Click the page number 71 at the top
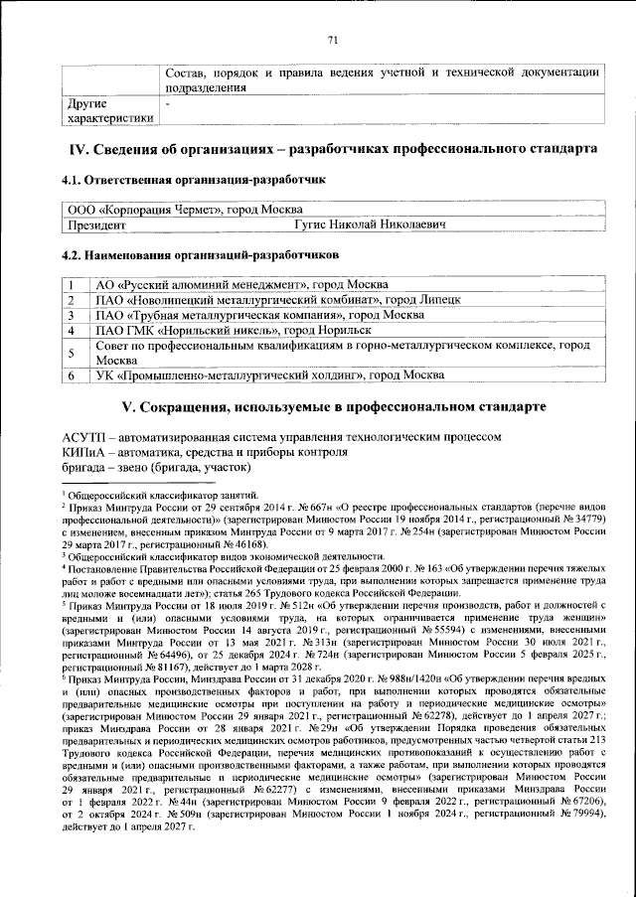coord(333,40)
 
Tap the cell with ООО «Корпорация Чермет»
coord(169,211)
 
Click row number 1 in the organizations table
coord(72,284)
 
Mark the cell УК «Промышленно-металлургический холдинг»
coord(264,375)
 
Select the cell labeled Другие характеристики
coord(107,111)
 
